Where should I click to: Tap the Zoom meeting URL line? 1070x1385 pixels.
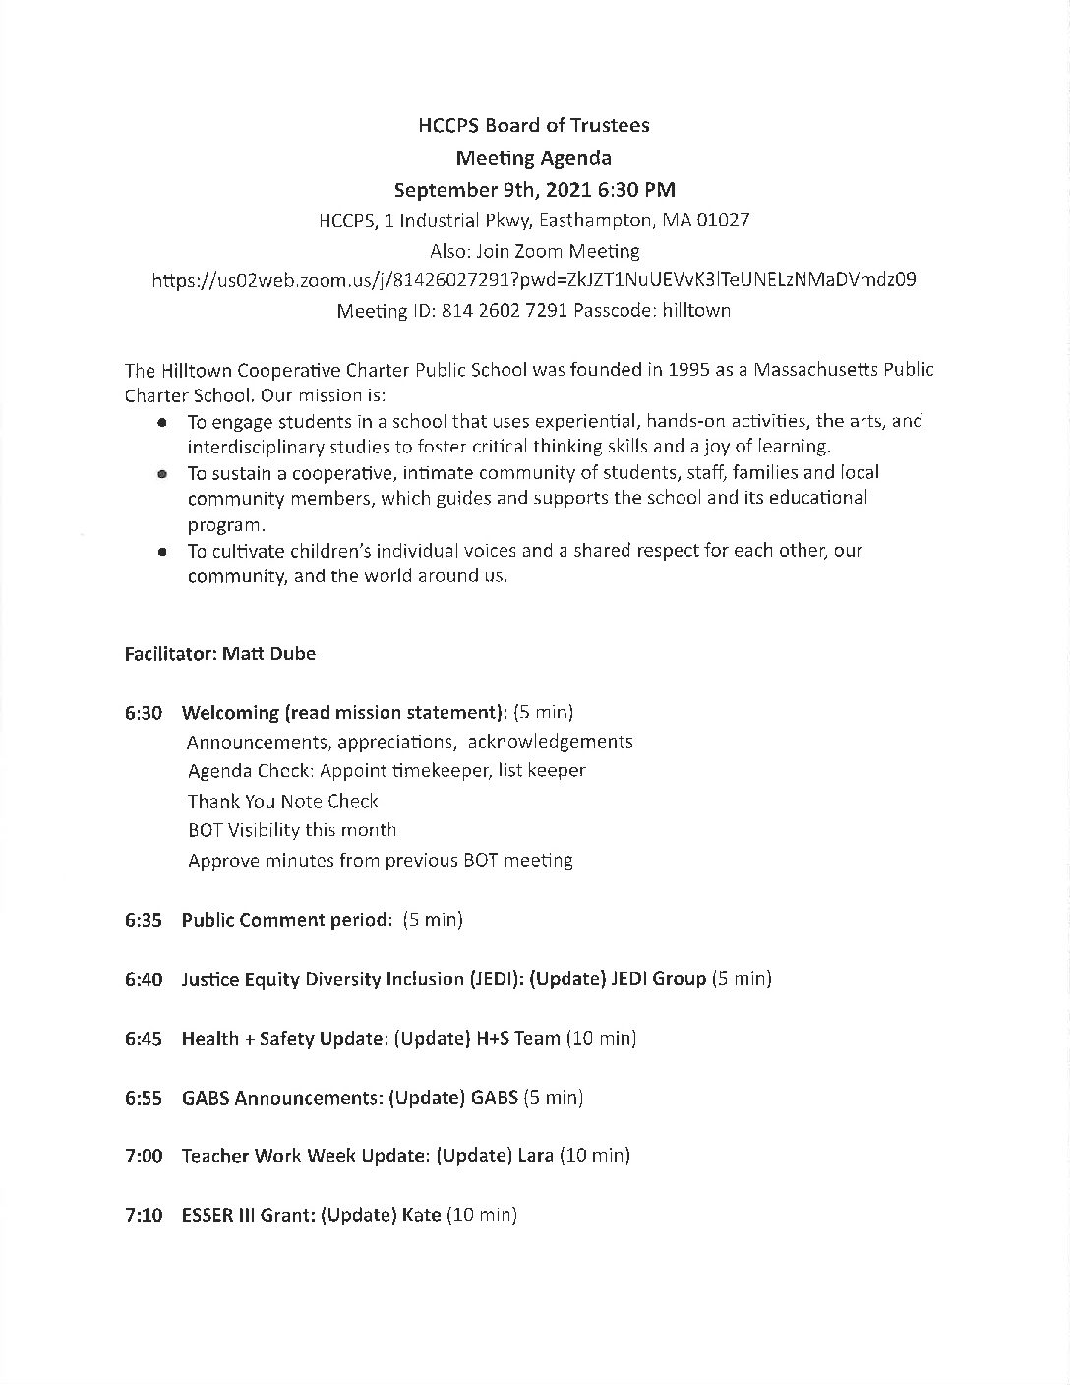[534, 279]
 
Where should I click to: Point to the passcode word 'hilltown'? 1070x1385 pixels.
[695, 310]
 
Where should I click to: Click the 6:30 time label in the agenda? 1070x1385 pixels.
[144, 712]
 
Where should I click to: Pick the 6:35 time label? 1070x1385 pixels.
[144, 920]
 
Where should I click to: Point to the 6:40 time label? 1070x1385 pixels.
[144, 979]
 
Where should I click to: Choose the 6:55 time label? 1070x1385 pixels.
[144, 1097]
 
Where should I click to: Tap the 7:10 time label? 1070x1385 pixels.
[144, 1215]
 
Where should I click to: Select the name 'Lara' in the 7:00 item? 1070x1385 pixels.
[536, 1156]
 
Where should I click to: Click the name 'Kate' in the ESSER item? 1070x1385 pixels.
[421, 1215]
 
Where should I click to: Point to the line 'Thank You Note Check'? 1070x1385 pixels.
[283, 801]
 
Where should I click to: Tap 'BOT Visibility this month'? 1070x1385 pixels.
[292, 830]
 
